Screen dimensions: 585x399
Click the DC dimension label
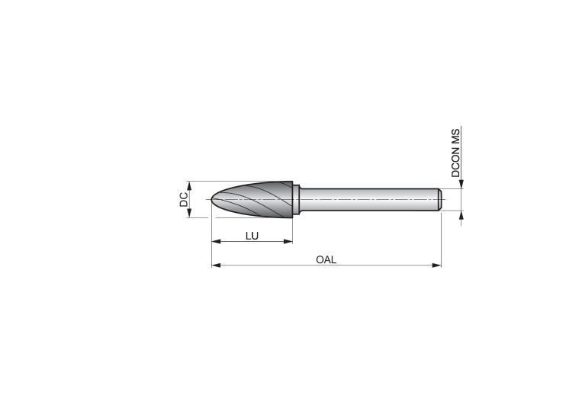click(184, 200)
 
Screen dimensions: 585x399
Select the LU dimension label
click(252, 236)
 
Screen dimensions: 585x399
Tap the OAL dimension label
click(326, 260)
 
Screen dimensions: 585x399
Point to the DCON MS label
click(455, 153)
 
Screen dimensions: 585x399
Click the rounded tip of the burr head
click(213, 199)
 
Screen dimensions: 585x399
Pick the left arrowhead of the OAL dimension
click(216, 265)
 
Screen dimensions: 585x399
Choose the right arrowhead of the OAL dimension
click(436, 265)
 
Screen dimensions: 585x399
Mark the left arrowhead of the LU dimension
click(216, 242)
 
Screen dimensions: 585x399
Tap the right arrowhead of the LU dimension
click(288, 242)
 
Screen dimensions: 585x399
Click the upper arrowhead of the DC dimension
click(189, 186)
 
